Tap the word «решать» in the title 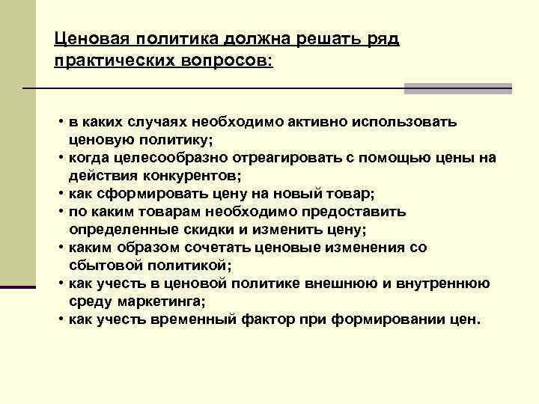[314, 40]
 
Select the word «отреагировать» [285, 157]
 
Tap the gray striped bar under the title [457, 88]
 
